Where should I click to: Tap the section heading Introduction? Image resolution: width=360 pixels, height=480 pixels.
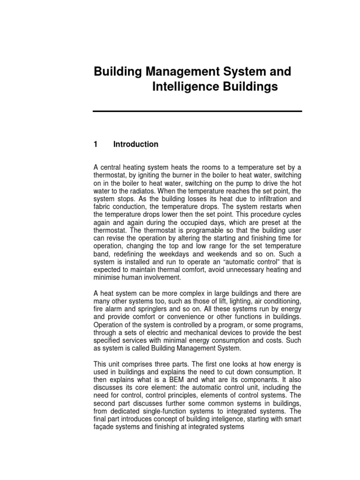point(135,144)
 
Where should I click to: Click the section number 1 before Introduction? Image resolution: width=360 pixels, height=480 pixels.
point(95,144)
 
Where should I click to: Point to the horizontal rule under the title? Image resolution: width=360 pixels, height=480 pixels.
point(197,111)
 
